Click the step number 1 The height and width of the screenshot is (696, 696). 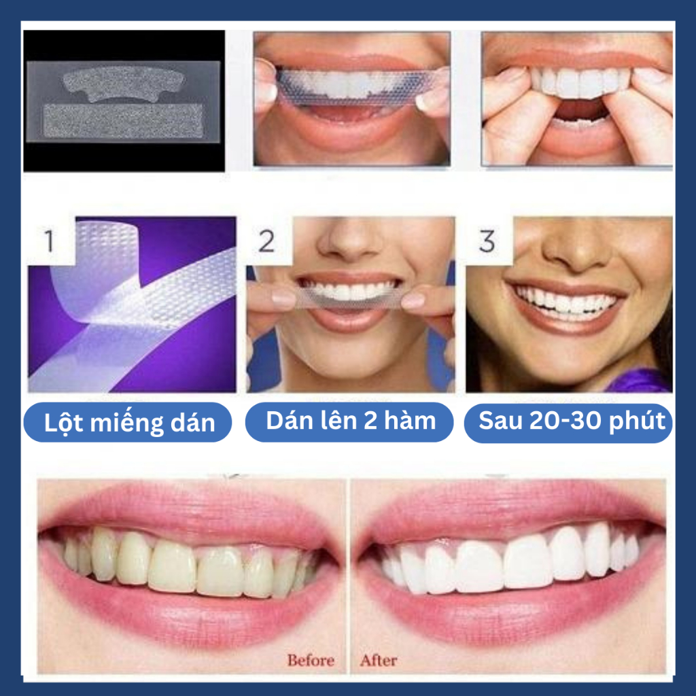coord(49,241)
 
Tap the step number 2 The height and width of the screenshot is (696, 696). coord(266,241)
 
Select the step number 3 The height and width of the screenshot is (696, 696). coord(487,241)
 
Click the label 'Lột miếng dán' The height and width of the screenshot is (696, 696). coord(128,422)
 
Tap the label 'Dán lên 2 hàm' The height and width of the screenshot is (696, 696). coord(351,420)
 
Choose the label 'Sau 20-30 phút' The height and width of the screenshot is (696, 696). coord(572,420)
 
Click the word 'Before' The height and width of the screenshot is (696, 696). coord(311,660)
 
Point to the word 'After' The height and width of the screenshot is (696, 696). coord(379,660)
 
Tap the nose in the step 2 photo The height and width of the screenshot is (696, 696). coord(351,242)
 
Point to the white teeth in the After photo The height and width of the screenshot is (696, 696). coord(510,561)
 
